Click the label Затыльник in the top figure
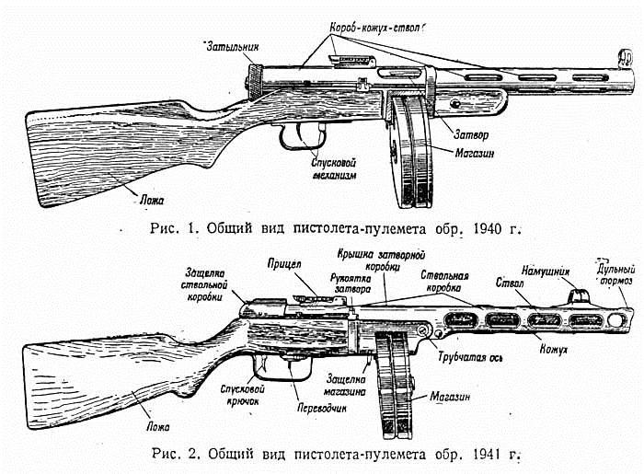(227, 45)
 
